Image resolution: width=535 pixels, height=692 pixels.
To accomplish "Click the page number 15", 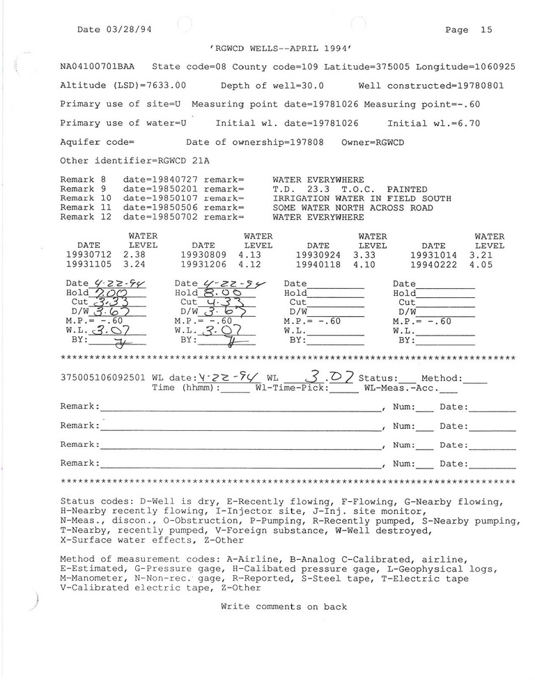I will point(486,30).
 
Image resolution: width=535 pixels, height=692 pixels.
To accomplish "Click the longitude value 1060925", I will point(493,68).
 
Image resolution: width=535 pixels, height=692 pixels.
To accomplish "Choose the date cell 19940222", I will point(433,265).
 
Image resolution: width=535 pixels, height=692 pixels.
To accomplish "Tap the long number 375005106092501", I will point(103,378).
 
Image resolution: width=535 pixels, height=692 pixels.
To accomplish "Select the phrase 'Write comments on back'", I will point(284,606).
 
